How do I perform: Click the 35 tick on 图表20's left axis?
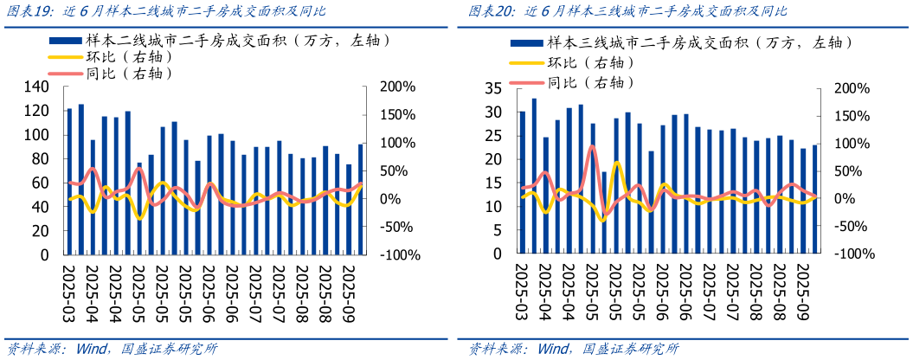tap(494, 88)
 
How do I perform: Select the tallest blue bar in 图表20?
tap(534, 177)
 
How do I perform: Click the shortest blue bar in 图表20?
tap(604, 213)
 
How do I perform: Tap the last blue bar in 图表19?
tap(360, 200)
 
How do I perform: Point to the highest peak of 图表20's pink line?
tap(592, 146)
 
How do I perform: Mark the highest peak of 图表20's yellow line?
tap(616, 162)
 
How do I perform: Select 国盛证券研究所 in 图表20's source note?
tap(631, 350)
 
